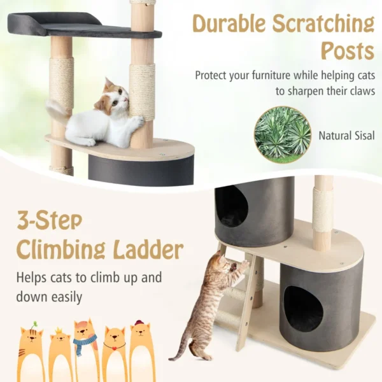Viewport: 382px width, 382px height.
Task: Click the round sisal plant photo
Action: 283,134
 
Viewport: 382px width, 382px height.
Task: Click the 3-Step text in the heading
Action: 50,221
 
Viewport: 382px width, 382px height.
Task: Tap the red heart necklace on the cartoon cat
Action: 115,348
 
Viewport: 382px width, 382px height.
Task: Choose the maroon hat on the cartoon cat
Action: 139,323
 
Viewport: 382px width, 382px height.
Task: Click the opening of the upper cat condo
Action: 232,207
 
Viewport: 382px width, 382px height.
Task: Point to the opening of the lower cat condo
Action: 303,308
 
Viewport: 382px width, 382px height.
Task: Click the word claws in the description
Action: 357,91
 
